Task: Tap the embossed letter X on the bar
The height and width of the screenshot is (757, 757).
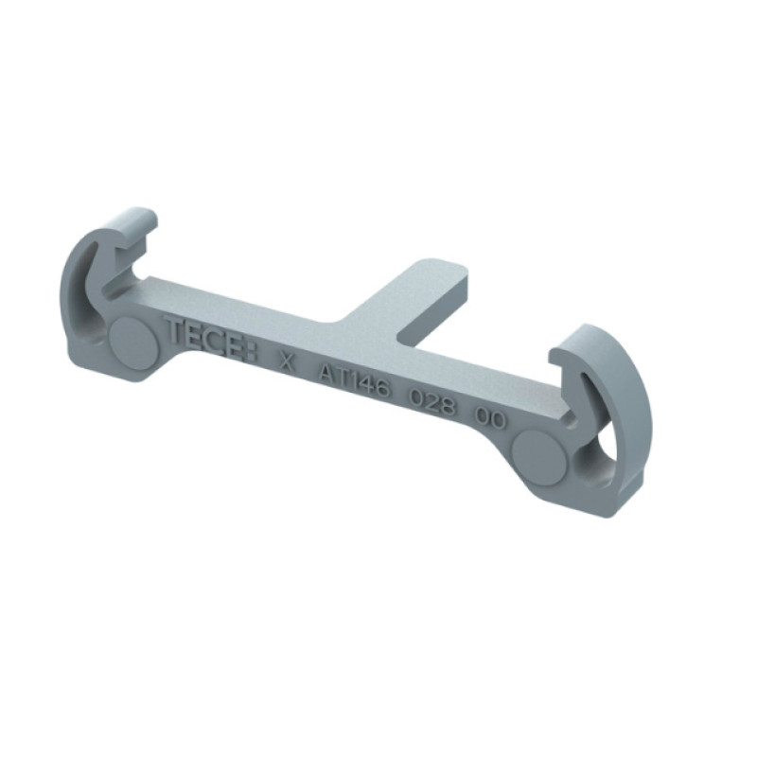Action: (288, 362)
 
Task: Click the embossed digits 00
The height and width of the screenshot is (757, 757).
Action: (490, 419)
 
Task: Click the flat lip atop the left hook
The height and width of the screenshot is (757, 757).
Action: (135, 227)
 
